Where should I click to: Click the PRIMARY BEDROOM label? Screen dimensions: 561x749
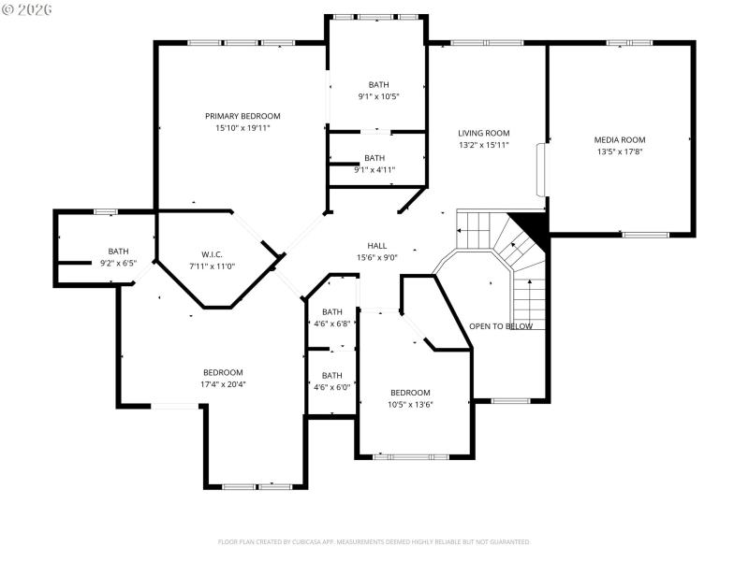coord(242,116)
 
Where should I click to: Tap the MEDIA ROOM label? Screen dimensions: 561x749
coord(620,139)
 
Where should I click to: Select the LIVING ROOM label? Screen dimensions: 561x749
coord(483,133)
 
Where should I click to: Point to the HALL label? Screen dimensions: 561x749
coord(377,246)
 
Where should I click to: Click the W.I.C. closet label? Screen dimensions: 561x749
coord(212,254)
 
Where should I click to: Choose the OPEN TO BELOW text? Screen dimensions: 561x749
coord(501,326)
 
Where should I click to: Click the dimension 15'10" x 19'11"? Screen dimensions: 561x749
coord(242,128)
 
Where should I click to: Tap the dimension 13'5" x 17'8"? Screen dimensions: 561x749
coord(620,151)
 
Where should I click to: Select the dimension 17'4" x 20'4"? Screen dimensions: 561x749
coord(223,384)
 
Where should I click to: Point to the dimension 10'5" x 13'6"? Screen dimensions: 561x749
coord(410,405)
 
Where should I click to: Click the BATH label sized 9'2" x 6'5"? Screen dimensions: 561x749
coord(118,251)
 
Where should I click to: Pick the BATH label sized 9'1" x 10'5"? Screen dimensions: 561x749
coord(378,85)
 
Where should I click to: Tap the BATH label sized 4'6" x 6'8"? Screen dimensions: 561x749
coord(332,312)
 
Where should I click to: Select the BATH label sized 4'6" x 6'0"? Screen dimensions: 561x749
coord(332,375)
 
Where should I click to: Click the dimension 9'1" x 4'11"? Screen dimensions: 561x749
coord(374,170)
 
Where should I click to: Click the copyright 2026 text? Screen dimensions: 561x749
coord(28,8)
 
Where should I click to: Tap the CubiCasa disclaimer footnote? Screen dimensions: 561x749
coord(374,541)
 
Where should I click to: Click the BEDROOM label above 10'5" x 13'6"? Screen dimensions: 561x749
coord(410,393)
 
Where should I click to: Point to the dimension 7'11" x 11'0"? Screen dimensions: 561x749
coord(212,266)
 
